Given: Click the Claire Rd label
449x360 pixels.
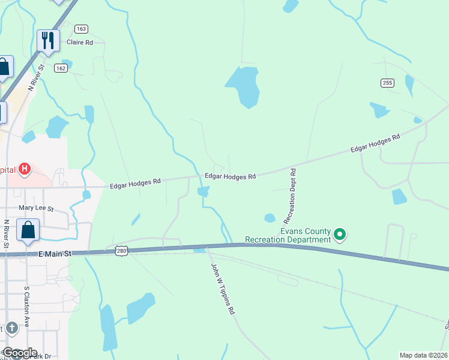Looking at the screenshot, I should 79,43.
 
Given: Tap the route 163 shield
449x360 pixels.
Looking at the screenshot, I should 82,29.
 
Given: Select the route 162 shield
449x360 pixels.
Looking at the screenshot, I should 60,68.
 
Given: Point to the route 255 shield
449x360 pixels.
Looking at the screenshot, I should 387,83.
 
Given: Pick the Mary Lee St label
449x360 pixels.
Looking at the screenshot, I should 36,209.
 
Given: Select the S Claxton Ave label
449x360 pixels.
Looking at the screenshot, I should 26,307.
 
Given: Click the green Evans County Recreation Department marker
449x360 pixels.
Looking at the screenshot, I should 340,234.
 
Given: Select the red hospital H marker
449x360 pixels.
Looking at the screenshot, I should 25,169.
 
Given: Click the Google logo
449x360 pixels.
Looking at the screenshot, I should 20,353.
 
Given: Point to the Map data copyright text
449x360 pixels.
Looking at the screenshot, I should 424,355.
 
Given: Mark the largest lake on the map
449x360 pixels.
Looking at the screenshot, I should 243,85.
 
